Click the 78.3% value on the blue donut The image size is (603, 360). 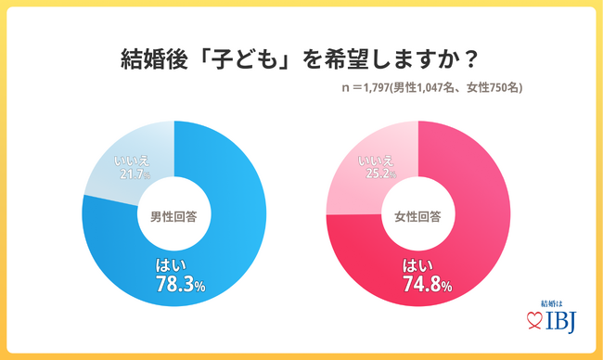pos(186,282)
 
